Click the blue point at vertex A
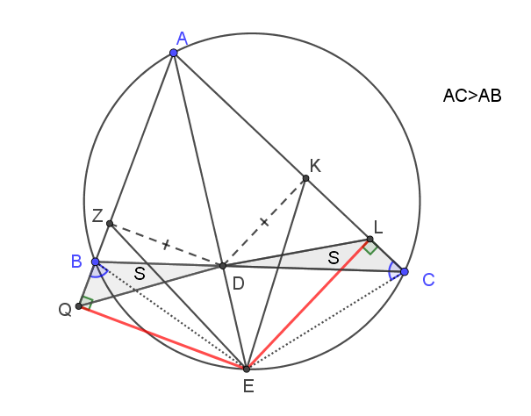click(174, 53)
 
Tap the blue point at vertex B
click(96, 262)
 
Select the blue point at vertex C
click(404, 272)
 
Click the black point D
click(222, 266)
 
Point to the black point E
click(247, 369)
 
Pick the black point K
click(305, 178)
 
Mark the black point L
click(370, 240)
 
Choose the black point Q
click(79, 306)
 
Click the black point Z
click(110, 224)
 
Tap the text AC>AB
click(472, 96)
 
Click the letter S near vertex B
click(140, 273)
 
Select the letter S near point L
click(334, 258)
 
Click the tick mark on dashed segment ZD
click(165, 244)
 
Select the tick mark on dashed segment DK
click(264, 222)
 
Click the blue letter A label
click(183, 39)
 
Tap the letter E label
click(248, 386)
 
